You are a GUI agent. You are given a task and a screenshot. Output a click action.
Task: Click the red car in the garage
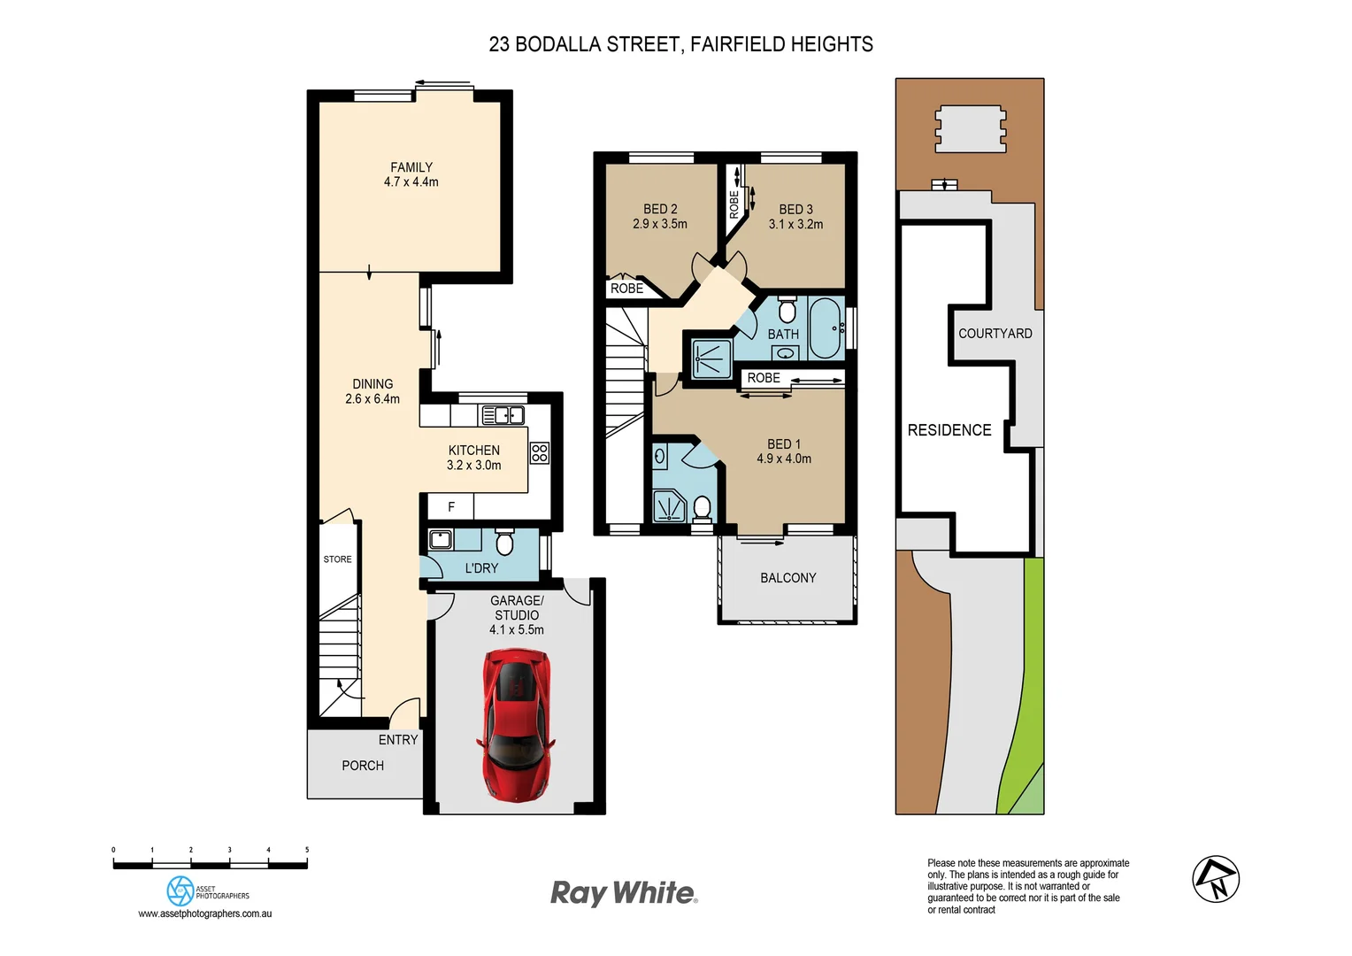[x=517, y=725]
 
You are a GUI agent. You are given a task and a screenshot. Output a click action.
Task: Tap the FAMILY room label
[x=411, y=167]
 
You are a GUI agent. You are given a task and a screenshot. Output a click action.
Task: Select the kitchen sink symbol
[x=502, y=414]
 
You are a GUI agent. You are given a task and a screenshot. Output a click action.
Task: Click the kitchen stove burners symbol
[x=539, y=453]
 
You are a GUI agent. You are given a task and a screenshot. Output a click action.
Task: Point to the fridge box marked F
[x=450, y=507]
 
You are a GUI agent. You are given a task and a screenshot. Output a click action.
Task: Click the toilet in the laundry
[x=504, y=542]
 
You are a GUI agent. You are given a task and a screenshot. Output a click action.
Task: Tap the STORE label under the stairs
[x=337, y=559]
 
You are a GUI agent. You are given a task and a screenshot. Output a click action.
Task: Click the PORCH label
[x=363, y=766]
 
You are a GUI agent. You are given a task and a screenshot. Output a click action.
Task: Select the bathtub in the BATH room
[x=826, y=328]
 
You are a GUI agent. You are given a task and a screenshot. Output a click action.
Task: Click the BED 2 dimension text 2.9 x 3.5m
[x=660, y=224]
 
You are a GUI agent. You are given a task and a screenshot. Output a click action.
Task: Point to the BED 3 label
[x=795, y=210]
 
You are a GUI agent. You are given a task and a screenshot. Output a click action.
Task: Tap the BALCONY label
[x=787, y=578]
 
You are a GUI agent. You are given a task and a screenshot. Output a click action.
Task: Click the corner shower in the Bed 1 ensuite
[x=669, y=506]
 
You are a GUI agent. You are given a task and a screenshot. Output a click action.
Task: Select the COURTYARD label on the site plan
[x=995, y=334]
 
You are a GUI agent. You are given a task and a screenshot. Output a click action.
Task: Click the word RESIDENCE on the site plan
[x=949, y=430]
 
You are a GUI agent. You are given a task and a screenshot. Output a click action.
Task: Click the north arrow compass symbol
[x=1216, y=879]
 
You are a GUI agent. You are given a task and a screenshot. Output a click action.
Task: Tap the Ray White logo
[x=624, y=892]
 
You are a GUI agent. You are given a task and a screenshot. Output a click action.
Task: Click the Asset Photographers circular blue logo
[x=181, y=890]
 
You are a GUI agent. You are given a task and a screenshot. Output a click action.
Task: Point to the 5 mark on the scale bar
[x=307, y=851]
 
